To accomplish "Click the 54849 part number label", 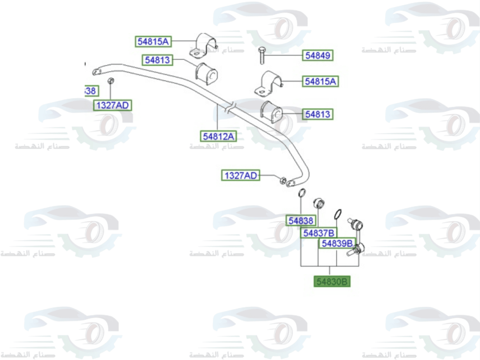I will [318, 56].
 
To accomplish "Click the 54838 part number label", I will [301, 221].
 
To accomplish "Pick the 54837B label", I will [319, 233].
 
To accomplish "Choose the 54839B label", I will [337, 243].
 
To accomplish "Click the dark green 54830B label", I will [332, 281].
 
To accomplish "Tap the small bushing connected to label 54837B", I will [318, 202].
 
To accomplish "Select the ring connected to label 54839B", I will [337, 213].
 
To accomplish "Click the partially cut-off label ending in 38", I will [90, 91].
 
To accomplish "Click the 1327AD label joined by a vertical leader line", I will [113, 105].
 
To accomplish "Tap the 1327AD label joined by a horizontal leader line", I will [240, 176].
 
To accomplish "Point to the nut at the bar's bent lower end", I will [283, 181].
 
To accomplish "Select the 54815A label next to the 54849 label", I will [321, 82].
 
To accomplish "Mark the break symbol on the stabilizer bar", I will [229, 107].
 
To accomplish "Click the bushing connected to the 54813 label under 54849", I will [272, 111].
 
